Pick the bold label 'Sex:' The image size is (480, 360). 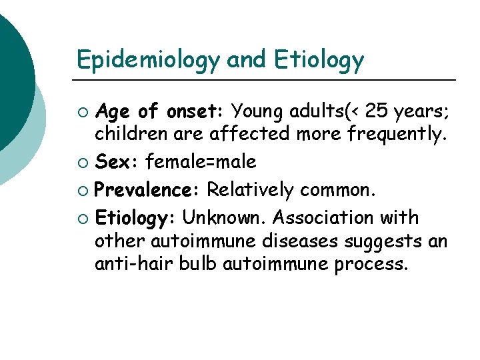click(x=117, y=162)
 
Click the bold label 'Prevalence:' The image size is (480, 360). click(x=147, y=190)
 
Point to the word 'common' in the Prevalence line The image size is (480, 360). click(x=338, y=190)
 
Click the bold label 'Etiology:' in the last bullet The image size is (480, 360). click(x=135, y=217)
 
